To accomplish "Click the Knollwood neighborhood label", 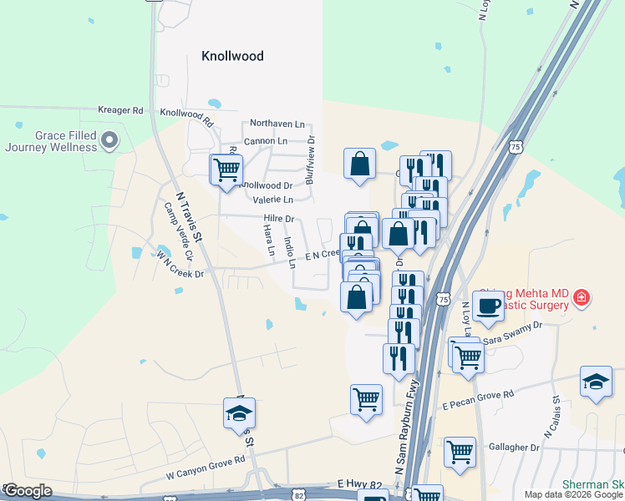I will [x=232, y=56].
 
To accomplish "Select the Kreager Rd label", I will [x=121, y=110].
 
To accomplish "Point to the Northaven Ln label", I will [x=277, y=123].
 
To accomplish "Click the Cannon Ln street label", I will [x=265, y=140].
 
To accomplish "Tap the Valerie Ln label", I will [x=272, y=200].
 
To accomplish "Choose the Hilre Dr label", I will [x=279, y=219].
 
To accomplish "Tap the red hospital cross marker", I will [x=581, y=297].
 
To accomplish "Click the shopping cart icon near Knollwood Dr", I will [x=226, y=170].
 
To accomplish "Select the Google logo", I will [x=28, y=491].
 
